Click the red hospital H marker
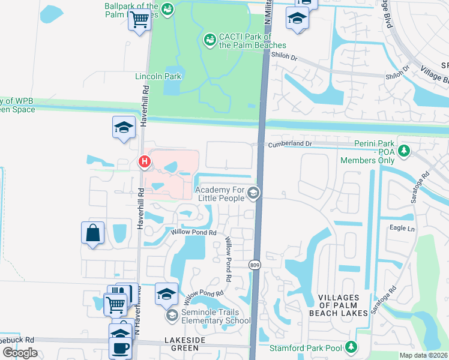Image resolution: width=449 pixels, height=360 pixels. click(144, 161)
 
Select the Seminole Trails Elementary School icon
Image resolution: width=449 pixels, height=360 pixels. click(172, 316)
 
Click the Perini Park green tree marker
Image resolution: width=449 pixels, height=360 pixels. click(405, 150)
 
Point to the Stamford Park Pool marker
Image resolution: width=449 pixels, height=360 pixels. click(351, 346)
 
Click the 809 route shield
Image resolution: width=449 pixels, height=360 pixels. click(254, 264)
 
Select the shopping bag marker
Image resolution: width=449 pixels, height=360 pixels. click(93, 233)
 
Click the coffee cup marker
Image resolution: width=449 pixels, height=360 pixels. click(120, 347)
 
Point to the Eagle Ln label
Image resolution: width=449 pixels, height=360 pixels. click(402, 229)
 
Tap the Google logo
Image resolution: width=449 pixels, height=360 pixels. click(20, 353)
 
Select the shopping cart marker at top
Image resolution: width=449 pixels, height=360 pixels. click(139, 20)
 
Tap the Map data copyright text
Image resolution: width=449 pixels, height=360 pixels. click(424, 355)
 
